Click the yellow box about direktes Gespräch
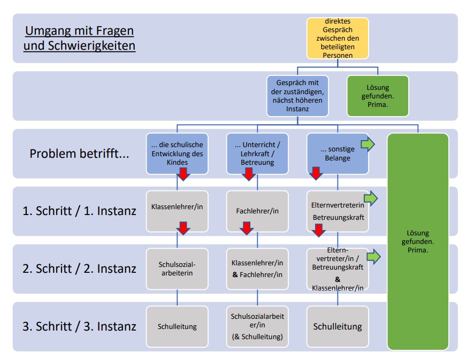(337, 38)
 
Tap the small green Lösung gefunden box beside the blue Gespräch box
(378, 96)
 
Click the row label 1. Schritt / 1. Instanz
(79, 211)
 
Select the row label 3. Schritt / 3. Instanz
(79, 326)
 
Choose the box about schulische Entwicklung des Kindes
(177, 153)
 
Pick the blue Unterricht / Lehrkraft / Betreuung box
(257, 153)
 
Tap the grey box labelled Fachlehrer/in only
(257, 211)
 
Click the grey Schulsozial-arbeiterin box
(177, 269)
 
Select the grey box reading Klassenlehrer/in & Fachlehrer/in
(257, 269)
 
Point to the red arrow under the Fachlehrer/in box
(247, 228)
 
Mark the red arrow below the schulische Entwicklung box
(183, 174)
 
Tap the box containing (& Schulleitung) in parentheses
(257, 326)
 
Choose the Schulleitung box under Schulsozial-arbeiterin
(177, 326)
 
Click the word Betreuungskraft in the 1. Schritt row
(338, 218)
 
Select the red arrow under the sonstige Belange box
(316, 173)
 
